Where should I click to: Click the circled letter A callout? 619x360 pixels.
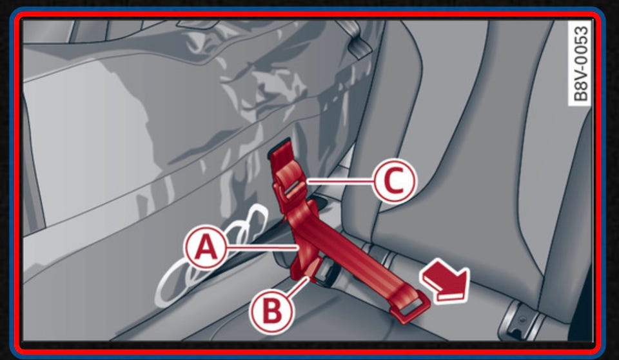point(206,248)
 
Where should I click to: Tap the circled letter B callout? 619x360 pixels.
point(271,310)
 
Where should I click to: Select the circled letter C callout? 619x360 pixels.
point(395,181)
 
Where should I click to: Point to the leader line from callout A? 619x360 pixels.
point(262,248)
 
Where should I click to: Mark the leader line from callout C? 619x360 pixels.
point(340,181)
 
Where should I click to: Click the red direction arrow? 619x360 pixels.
point(446,281)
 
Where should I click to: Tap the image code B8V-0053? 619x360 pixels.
point(580,63)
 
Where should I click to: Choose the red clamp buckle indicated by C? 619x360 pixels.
point(290,183)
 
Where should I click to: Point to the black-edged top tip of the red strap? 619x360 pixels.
point(279,147)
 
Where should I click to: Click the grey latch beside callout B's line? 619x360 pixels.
point(328,273)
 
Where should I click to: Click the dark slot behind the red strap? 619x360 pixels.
point(322,201)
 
